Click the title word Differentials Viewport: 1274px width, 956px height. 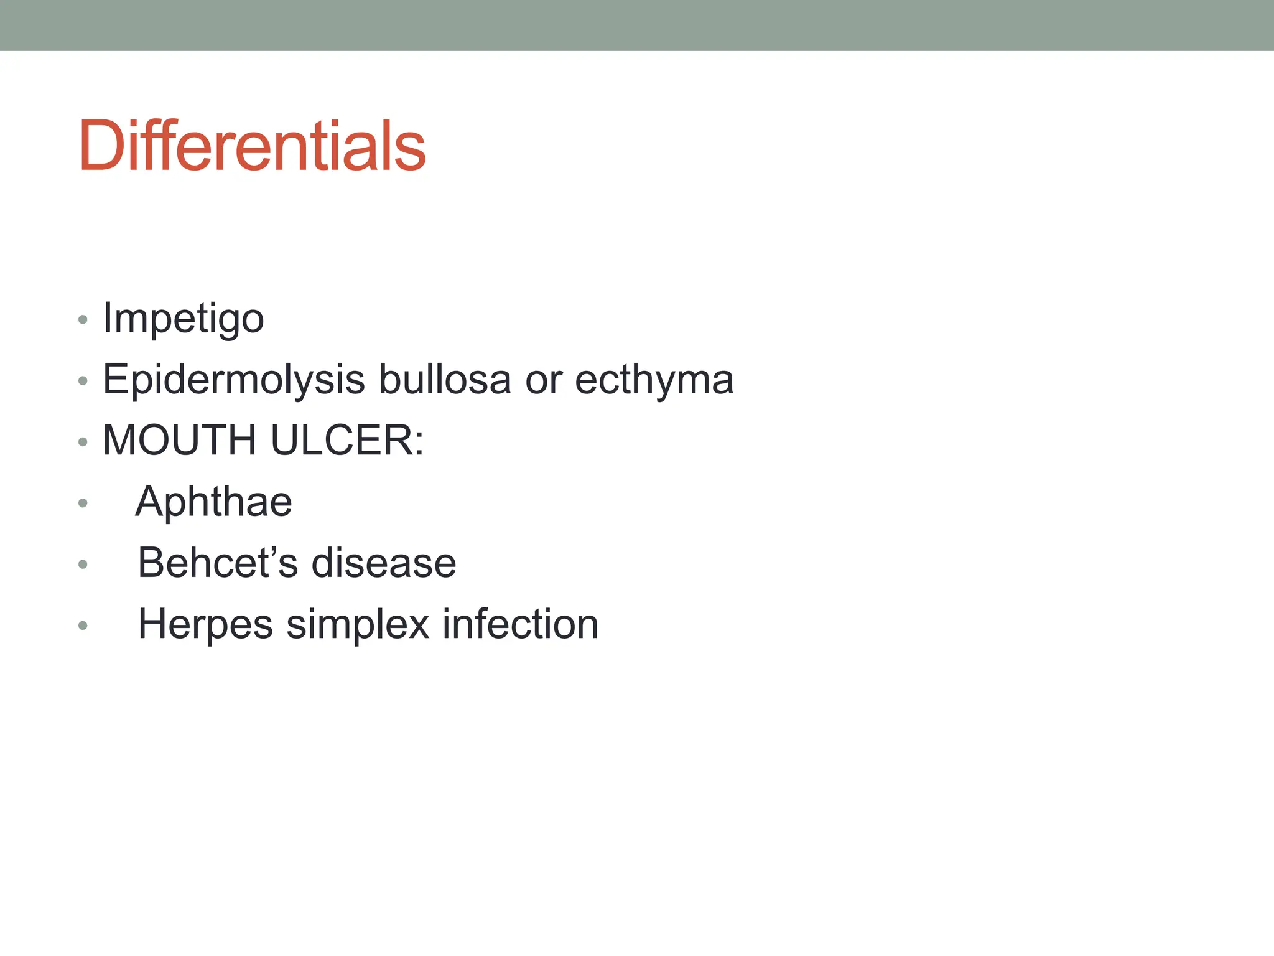[x=252, y=146]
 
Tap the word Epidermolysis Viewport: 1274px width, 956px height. [x=233, y=380]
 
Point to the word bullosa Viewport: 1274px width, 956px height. [x=445, y=379]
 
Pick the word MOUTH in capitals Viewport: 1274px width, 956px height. [x=179, y=441]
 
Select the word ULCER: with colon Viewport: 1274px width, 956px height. [x=347, y=441]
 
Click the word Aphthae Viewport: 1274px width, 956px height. [x=213, y=502]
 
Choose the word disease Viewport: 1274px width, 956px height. [x=383, y=563]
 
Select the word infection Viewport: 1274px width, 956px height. [x=520, y=624]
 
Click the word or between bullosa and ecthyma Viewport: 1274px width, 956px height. [x=543, y=380]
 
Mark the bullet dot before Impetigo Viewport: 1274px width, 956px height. [x=83, y=321]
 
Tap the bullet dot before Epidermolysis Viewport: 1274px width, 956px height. [x=83, y=381]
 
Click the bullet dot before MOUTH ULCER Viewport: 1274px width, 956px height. [x=83, y=443]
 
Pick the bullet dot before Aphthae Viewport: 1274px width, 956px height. [x=83, y=503]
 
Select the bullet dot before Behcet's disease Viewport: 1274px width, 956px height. [x=83, y=565]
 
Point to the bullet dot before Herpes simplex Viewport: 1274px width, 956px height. [x=83, y=626]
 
